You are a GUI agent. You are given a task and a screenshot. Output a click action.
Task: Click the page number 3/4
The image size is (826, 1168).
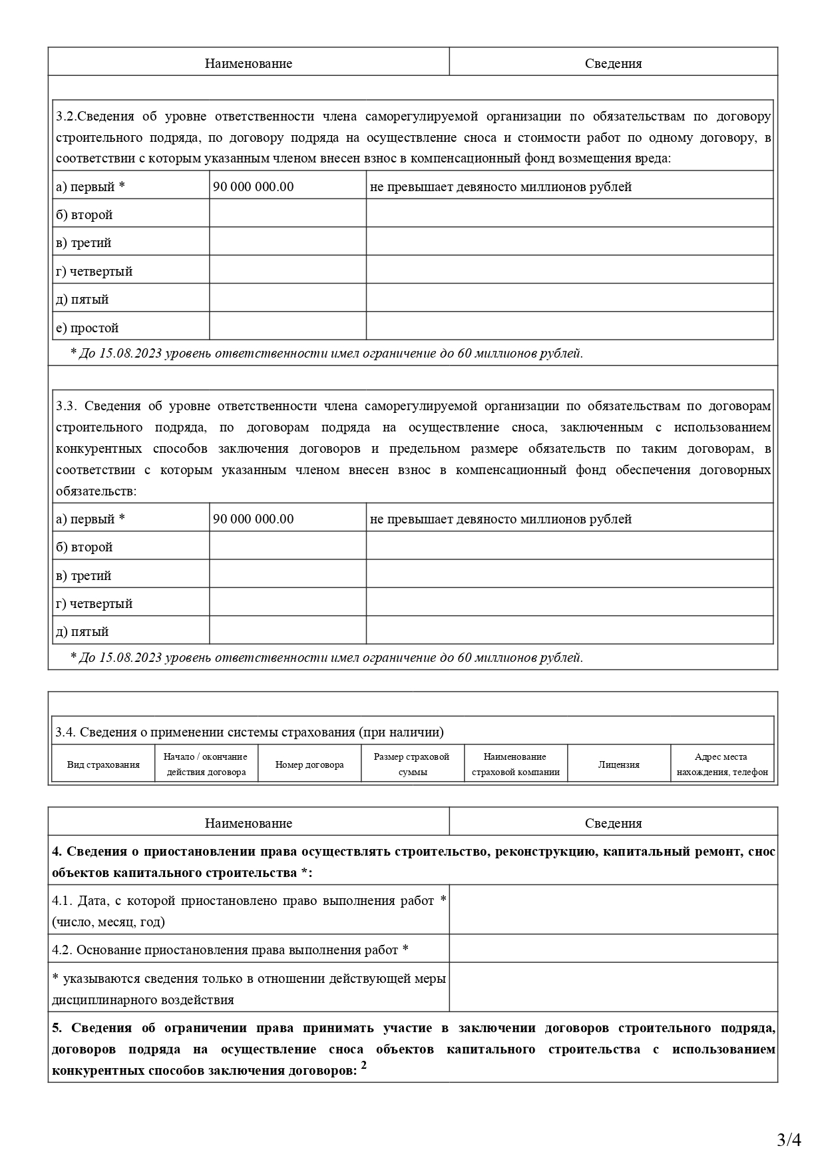(789, 1140)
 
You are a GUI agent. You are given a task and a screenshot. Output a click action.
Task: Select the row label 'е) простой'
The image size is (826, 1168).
(87, 328)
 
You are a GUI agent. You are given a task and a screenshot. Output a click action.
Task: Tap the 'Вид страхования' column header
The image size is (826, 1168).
(103, 764)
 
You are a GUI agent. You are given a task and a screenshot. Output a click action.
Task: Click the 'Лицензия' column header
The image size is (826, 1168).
(618, 764)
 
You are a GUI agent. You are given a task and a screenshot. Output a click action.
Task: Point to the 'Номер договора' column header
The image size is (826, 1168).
(310, 764)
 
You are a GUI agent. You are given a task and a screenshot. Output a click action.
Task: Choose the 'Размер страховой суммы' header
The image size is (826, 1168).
(411, 764)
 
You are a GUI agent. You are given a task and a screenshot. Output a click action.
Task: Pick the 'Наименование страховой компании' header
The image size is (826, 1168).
(515, 764)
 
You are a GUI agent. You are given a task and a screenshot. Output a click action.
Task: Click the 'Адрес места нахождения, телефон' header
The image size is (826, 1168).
(722, 764)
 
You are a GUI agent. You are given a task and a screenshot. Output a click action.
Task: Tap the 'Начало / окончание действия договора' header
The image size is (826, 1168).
(206, 764)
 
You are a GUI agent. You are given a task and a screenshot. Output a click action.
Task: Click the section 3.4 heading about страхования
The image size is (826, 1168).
(250, 732)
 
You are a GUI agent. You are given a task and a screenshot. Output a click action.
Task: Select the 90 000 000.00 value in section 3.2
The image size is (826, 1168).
(253, 186)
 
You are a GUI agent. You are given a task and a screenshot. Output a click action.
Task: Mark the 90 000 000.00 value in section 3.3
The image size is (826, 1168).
(253, 519)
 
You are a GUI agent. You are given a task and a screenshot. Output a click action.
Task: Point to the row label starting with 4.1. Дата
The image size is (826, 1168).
(248, 911)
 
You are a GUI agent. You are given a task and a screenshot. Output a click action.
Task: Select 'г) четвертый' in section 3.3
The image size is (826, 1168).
(94, 603)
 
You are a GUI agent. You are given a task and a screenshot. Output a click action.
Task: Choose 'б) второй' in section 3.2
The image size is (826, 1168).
(84, 214)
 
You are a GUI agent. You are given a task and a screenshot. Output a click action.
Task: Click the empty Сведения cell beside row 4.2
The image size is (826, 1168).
(613, 950)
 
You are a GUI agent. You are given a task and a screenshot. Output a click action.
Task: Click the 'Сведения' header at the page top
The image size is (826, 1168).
(613, 63)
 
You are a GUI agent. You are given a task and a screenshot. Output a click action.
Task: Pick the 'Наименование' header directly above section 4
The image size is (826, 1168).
(248, 823)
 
